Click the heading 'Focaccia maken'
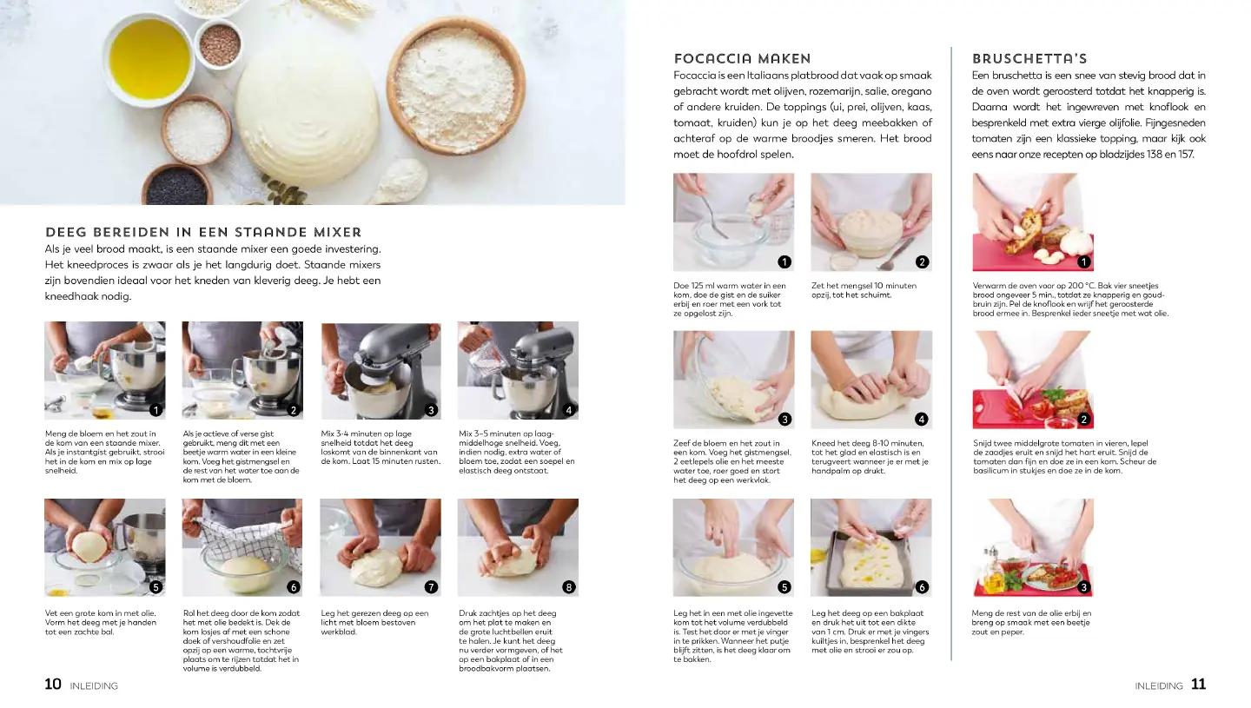point(742,58)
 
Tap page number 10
point(53,684)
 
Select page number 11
point(1198,684)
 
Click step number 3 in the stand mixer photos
point(431,410)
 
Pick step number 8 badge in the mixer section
point(568,587)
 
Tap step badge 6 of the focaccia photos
point(922,587)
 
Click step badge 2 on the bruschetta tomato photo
point(1084,420)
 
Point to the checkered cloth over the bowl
point(242,540)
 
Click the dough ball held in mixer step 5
point(89,546)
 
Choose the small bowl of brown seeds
point(220,44)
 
